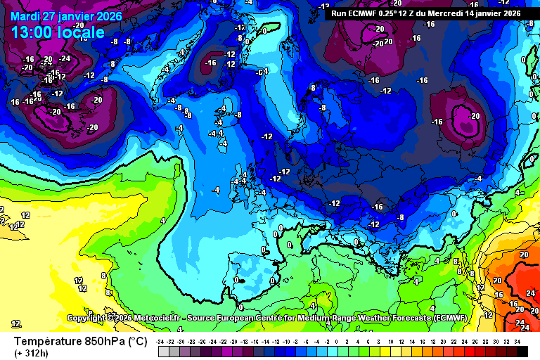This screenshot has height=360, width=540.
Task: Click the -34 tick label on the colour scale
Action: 162,341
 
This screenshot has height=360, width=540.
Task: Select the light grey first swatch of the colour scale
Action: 162,351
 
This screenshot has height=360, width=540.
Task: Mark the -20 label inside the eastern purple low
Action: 475,116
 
